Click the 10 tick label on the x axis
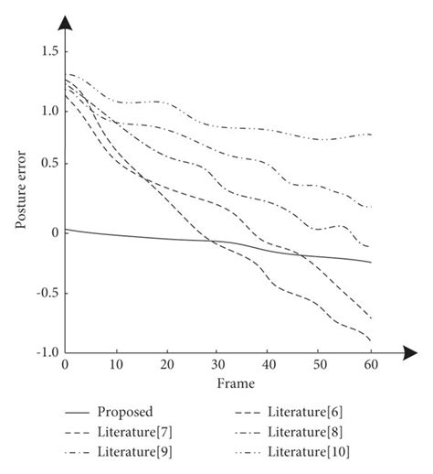pyautogui.click(x=116, y=366)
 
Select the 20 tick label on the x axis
pyautogui.click(x=166, y=366)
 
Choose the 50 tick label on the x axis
pyautogui.click(x=320, y=366)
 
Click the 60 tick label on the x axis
pyautogui.click(x=370, y=366)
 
